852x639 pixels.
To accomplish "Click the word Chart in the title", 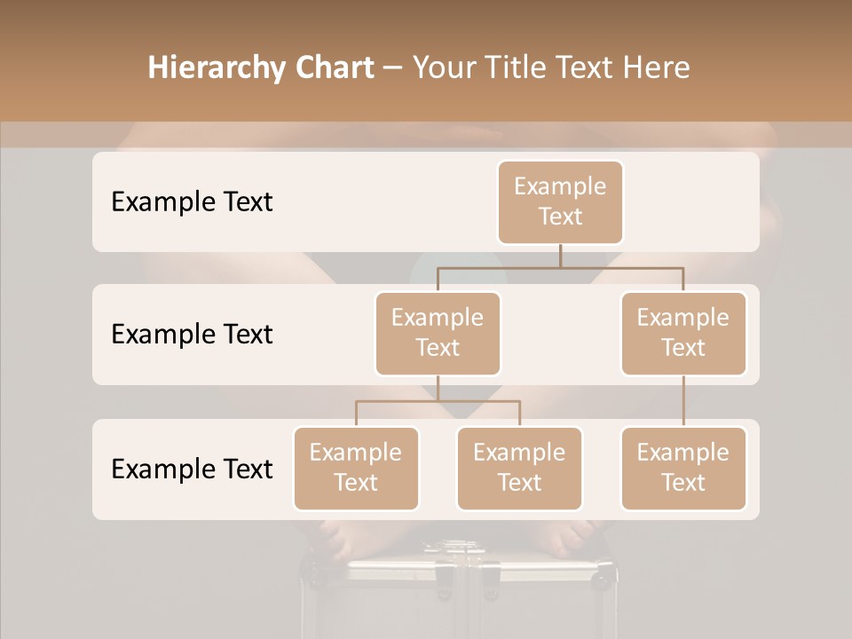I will pyautogui.click(x=334, y=67).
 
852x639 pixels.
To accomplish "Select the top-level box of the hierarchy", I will pyautogui.click(x=560, y=201).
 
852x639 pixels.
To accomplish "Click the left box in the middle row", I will pyautogui.click(x=438, y=333).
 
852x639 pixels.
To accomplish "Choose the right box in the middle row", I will pyautogui.click(x=683, y=333).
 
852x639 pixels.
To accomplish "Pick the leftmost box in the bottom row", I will pyautogui.click(x=356, y=468).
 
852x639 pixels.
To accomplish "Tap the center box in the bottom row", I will pyautogui.click(x=519, y=468).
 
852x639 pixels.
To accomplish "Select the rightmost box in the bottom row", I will pyautogui.click(x=683, y=468).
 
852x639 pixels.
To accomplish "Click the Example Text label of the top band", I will pyautogui.click(x=192, y=201).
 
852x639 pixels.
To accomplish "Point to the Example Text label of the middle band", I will pyautogui.click(x=192, y=334).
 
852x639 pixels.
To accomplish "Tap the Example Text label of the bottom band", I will pyautogui.click(x=192, y=469).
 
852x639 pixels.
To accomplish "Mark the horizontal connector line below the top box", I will pyautogui.click(x=560, y=267).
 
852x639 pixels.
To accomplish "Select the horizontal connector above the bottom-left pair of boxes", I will pyautogui.click(x=438, y=401).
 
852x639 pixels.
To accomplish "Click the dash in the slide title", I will pyautogui.click(x=393, y=67).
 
